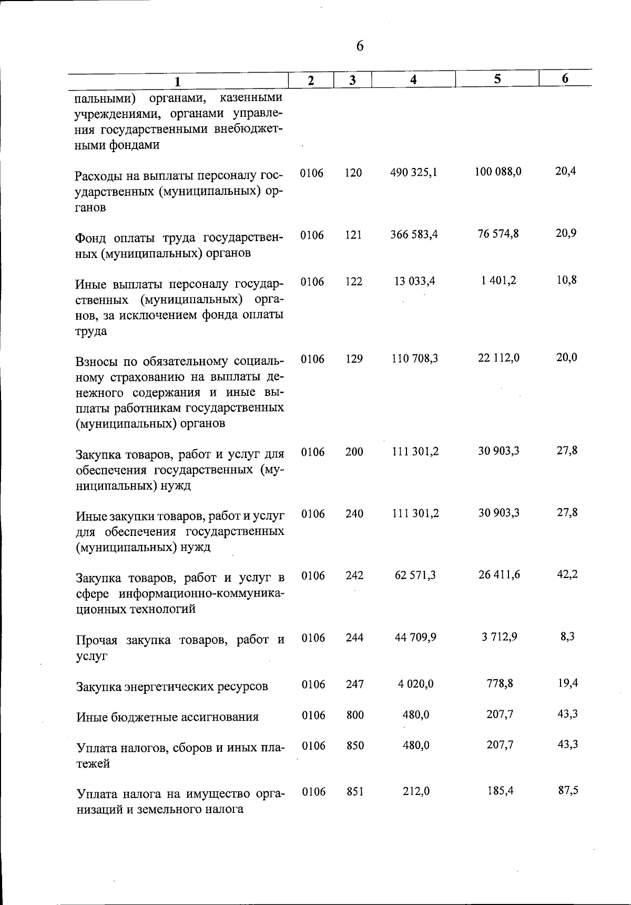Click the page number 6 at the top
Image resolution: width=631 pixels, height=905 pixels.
click(x=360, y=46)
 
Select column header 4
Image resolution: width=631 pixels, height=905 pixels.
click(x=414, y=80)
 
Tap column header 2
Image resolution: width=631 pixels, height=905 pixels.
click(x=311, y=81)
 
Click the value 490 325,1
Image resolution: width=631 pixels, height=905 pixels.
click(x=414, y=173)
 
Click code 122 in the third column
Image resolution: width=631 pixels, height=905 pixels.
click(x=354, y=282)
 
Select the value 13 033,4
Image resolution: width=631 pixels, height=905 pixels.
click(x=415, y=281)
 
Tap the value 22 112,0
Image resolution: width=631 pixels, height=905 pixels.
click(x=498, y=358)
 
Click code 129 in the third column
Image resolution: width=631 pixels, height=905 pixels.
click(x=354, y=359)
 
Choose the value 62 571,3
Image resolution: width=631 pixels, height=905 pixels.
click(x=415, y=575)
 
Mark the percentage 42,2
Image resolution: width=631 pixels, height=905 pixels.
click(x=567, y=574)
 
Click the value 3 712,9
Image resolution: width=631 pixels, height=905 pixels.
click(x=499, y=637)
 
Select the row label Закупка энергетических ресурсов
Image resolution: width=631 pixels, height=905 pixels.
click(x=172, y=687)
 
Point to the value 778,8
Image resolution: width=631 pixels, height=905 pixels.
click(x=500, y=683)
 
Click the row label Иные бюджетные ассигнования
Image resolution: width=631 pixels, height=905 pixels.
click(x=167, y=717)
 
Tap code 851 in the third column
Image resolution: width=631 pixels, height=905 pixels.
click(x=355, y=792)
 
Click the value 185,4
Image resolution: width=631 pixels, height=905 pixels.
click(x=500, y=791)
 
